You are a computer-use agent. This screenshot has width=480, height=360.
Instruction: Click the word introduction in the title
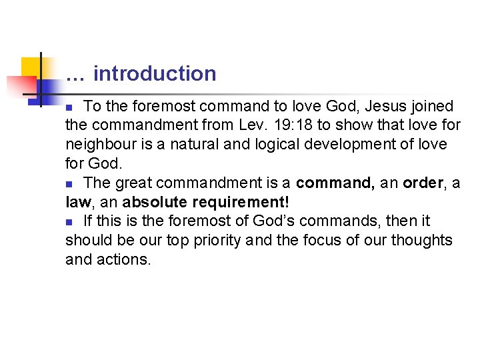[x=155, y=73]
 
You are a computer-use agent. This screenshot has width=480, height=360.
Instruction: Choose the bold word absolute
[x=152, y=202]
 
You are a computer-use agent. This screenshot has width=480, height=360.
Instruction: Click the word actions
[x=125, y=259]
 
